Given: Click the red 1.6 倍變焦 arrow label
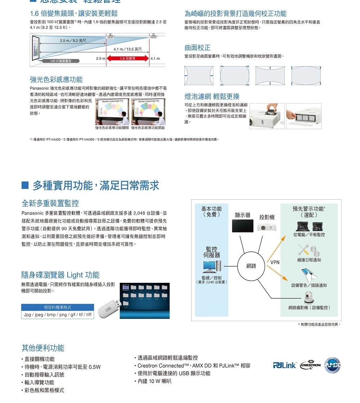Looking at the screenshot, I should point(128,59).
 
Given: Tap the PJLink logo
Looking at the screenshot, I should point(284,365).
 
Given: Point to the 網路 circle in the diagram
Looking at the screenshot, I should point(251,266).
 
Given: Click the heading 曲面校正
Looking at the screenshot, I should point(197,48).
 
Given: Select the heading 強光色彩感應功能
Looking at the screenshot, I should point(56,80).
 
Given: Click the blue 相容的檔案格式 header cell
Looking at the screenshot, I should point(58,307).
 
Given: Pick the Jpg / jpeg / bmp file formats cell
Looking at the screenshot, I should point(58,314).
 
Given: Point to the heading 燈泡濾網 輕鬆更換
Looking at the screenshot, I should point(212,96).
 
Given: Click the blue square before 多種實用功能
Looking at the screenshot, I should point(25,186).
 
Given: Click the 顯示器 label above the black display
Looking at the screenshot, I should point(242,215).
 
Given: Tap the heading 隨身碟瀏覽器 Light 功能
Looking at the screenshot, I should point(60,275).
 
